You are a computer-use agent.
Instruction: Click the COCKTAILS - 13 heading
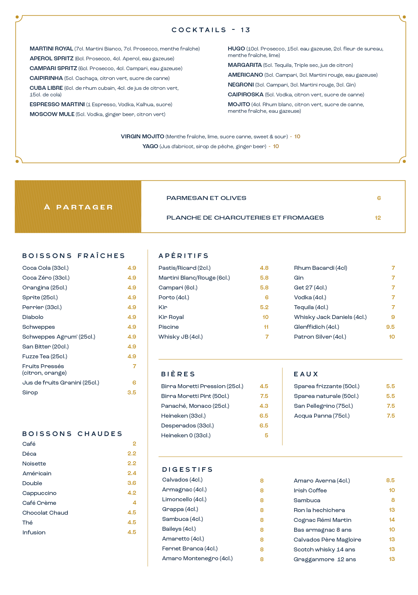click(211, 30)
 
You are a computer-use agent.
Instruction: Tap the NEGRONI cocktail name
click(241, 85)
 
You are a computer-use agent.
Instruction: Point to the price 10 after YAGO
click(276, 147)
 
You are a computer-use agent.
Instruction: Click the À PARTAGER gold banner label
click(79, 207)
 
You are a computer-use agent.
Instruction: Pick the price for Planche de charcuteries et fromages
click(378, 218)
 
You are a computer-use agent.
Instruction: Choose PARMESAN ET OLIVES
click(206, 198)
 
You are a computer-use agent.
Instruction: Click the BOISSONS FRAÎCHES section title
click(74, 256)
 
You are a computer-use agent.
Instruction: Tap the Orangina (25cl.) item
click(45, 288)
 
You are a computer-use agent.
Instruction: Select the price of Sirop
click(132, 393)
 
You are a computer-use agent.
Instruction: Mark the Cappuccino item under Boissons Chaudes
click(39, 493)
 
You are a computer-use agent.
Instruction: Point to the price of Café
click(134, 444)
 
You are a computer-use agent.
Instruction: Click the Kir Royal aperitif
click(171, 317)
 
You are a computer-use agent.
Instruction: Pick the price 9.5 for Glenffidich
click(390, 327)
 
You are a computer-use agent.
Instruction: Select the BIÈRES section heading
click(178, 374)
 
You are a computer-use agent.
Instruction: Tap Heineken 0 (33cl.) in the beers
click(186, 436)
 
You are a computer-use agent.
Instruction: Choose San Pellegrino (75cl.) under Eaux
click(323, 406)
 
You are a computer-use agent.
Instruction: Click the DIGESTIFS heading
click(187, 470)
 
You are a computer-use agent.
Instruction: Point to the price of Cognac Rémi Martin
click(392, 520)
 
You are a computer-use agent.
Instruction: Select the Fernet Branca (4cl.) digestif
click(190, 549)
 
